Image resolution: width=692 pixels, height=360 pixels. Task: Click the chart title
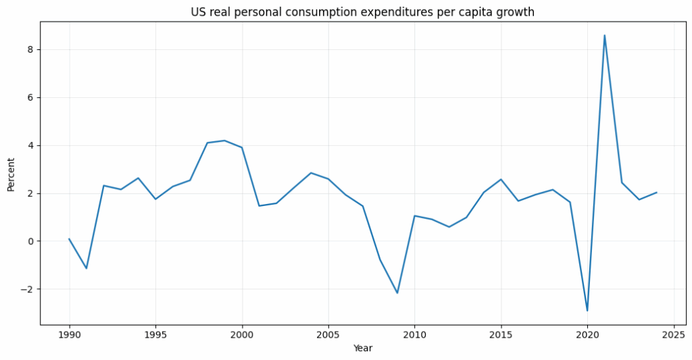(x=362, y=12)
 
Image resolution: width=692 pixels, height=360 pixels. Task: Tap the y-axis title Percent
(x=11, y=174)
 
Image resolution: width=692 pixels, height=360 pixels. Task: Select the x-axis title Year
(x=362, y=349)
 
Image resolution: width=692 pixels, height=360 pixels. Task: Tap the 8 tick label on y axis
(x=30, y=50)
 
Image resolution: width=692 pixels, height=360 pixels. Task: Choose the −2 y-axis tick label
(x=28, y=289)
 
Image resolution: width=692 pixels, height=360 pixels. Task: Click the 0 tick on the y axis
(x=30, y=241)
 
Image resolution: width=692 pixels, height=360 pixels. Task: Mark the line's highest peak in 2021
(x=604, y=35)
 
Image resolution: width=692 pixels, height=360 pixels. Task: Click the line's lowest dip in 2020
(x=587, y=311)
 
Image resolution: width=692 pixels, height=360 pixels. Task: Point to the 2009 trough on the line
(x=397, y=293)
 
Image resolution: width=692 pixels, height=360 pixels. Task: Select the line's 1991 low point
(x=86, y=268)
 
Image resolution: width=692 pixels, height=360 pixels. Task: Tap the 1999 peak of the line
(x=224, y=140)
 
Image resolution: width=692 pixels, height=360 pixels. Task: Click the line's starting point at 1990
(x=69, y=238)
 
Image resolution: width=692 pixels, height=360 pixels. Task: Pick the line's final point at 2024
(x=656, y=192)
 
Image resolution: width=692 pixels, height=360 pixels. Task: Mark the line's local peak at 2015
(x=501, y=180)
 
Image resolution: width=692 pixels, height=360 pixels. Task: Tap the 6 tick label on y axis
(x=30, y=97)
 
